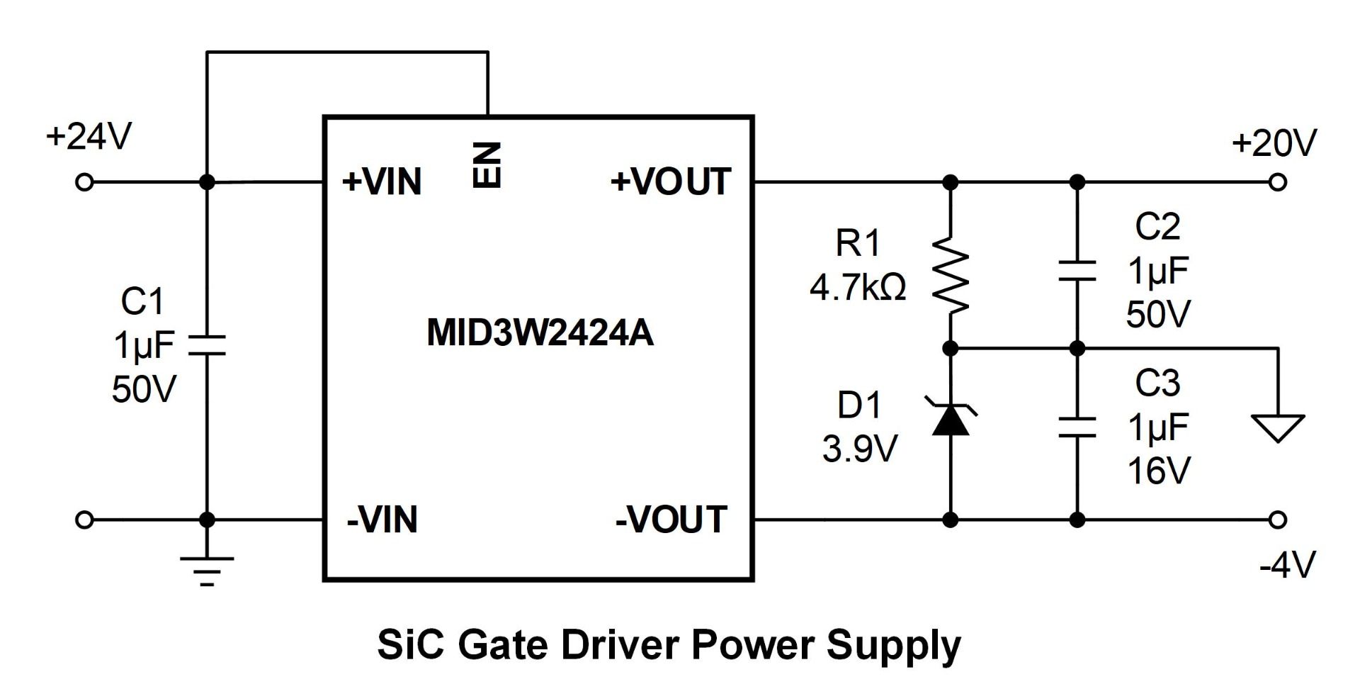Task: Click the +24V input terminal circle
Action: coord(84,182)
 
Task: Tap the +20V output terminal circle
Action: coord(1277,182)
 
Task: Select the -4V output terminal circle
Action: coord(1277,520)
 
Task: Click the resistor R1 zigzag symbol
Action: coord(951,275)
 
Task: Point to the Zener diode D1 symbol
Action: coord(951,418)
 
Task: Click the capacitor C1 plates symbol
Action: coord(207,344)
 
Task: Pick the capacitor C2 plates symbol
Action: coord(1077,270)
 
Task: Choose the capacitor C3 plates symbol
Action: coord(1077,427)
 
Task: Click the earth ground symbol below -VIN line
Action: coord(207,571)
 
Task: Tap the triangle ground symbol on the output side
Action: coord(1278,428)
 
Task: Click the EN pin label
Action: coord(487,164)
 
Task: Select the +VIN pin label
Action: coord(382,181)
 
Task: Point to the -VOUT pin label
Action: coord(671,520)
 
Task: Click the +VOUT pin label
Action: coord(671,181)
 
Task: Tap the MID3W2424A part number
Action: coord(540,332)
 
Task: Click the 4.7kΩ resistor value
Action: coord(858,288)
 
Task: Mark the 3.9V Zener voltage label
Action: coord(860,448)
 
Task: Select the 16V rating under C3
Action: coord(1159,470)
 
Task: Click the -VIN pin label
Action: coord(382,520)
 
